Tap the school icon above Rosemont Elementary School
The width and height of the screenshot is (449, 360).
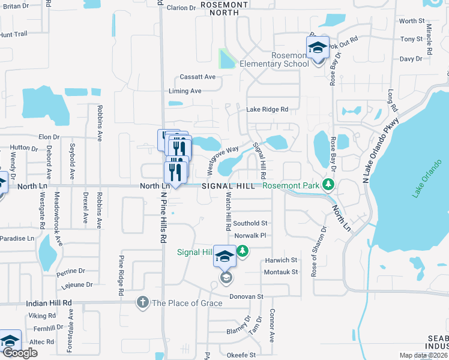click(x=317, y=47)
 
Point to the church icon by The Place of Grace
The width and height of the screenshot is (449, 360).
click(x=142, y=302)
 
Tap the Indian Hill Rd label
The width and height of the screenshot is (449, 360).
click(x=49, y=304)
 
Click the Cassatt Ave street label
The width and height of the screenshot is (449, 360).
click(x=197, y=77)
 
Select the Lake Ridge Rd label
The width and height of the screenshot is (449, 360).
click(x=267, y=110)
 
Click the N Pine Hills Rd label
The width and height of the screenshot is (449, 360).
click(x=163, y=216)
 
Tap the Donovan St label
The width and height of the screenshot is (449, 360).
click(x=248, y=296)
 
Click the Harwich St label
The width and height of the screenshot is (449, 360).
click(x=280, y=260)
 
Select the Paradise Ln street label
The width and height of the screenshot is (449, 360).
click(x=17, y=238)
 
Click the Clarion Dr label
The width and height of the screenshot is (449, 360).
click(x=181, y=8)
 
